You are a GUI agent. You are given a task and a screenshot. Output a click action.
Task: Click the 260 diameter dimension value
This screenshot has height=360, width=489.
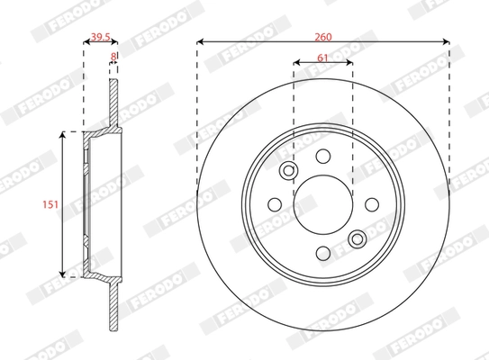pos(322,36)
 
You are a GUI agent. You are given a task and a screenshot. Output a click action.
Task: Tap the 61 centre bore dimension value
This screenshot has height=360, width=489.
pos(322,58)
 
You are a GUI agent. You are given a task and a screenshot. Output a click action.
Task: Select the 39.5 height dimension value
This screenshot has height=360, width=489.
pos(101,37)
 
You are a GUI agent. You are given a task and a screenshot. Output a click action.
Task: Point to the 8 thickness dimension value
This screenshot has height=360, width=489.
pos(113,56)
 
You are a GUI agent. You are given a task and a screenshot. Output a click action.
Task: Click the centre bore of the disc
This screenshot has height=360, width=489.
pos(322,204)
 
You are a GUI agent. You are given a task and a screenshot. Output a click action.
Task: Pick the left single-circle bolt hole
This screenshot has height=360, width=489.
pos(275,204)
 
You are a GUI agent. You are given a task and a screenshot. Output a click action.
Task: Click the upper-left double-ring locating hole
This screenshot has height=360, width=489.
pos(289,171)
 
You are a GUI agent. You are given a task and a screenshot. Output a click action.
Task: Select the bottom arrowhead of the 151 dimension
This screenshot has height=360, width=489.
pos(62,274)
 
